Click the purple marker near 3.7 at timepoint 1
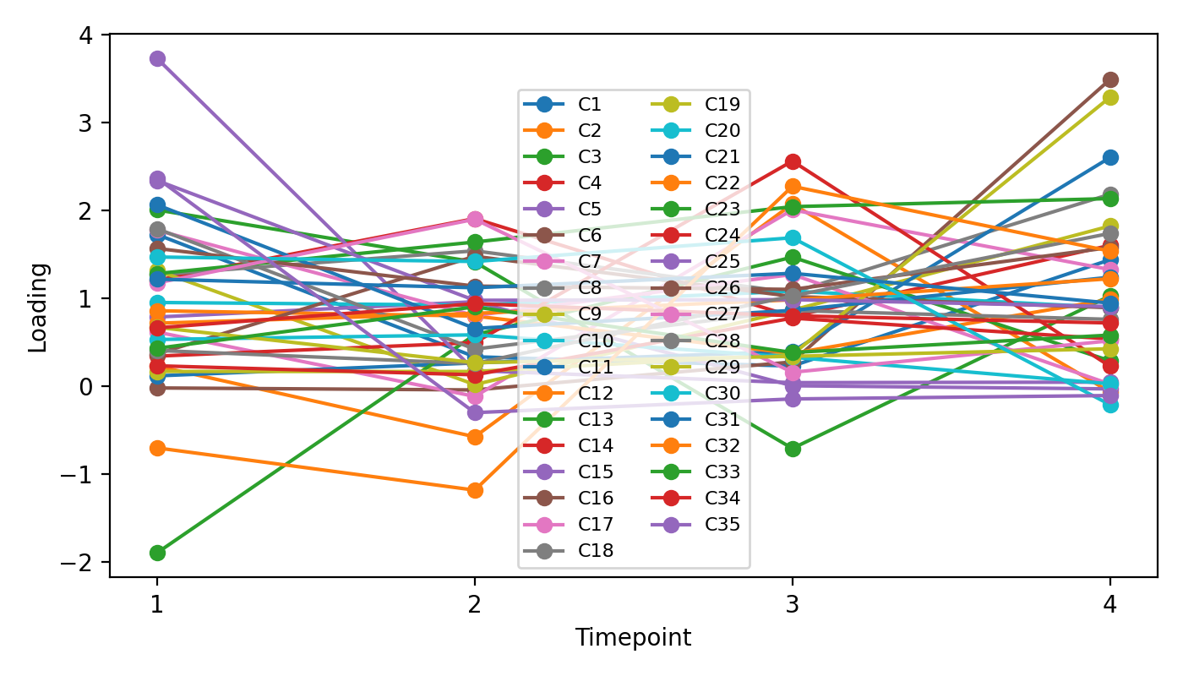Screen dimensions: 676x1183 pos(157,58)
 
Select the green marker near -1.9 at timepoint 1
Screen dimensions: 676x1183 pos(157,553)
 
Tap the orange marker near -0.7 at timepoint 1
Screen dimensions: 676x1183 pos(157,448)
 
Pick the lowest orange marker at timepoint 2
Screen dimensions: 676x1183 pos(475,490)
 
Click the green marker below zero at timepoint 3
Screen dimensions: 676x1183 pos(793,449)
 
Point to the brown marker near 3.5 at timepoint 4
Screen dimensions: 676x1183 pos(1110,79)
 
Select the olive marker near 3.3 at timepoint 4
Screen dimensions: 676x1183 pos(1110,97)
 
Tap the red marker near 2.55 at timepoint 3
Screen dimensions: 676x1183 pos(793,161)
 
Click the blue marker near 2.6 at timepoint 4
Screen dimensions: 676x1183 pos(1110,158)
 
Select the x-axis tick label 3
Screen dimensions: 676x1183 pos(793,603)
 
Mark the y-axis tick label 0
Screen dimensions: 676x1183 pos(93,387)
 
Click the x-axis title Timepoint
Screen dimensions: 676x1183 pos(633,638)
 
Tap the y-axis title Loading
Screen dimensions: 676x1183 pos(38,306)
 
